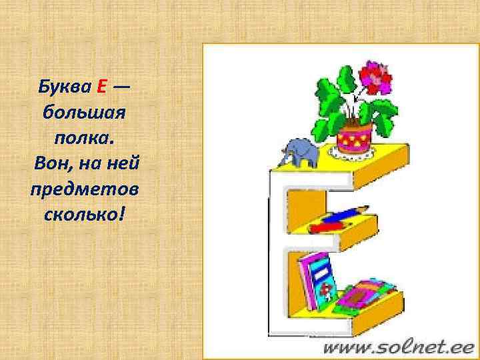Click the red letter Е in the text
click(x=102, y=86)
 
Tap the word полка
click(x=83, y=138)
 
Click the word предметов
click(x=84, y=190)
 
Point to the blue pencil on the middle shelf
click(x=344, y=215)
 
